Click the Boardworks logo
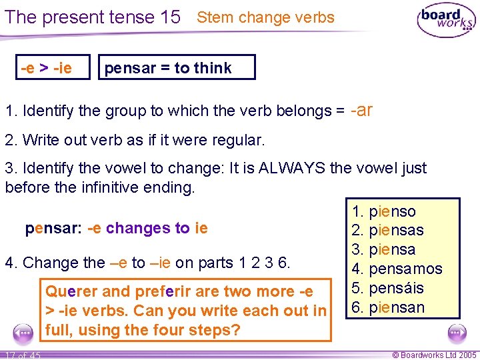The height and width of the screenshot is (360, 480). click(x=446, y=21)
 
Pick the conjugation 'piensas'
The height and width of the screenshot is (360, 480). click(x=396, y=231)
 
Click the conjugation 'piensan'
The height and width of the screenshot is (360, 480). click(x=396, y=307)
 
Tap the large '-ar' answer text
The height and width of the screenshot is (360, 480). click(x=361, y=110)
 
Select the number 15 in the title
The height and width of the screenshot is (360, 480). click(x=171, y=17)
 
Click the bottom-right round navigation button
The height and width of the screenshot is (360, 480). click(x=457, y=331)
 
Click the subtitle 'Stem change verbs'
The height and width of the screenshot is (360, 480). click(x=265, y=17)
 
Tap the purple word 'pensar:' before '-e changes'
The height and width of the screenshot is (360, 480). click(x=54, y=228)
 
